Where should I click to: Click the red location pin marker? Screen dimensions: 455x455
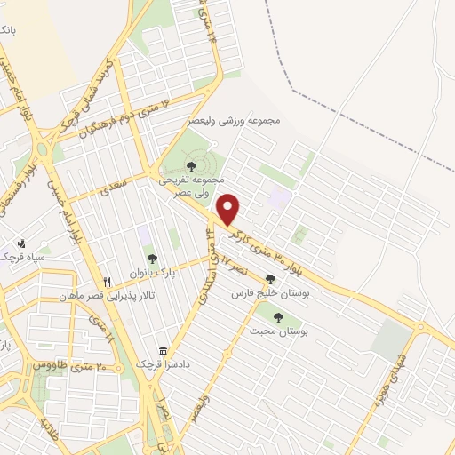[229, 209]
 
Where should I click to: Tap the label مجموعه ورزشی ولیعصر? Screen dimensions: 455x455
[235, 119]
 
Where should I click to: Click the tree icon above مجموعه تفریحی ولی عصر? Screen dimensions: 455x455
[192, 165]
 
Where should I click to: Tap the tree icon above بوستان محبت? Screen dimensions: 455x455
[278, 316]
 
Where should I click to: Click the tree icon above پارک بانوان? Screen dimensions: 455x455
[152, 259]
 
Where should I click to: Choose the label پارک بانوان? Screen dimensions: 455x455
[152, 273]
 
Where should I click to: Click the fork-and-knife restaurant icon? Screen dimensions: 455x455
[107, 282]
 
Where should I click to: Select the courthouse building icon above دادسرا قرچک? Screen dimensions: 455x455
[163, 351]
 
